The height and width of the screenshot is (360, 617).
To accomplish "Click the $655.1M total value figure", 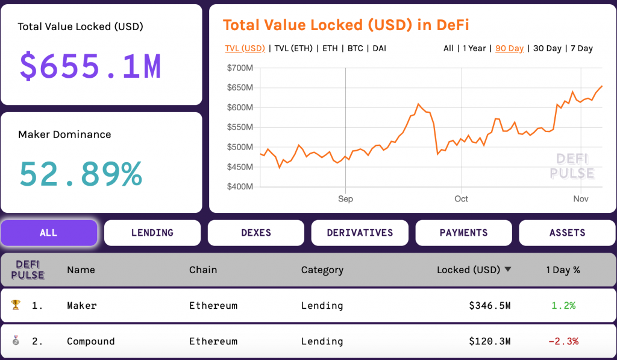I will tap(90, 66).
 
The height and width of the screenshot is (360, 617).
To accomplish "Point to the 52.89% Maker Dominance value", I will tap(81, 174).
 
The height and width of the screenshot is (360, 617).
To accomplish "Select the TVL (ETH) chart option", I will tap(293, 48).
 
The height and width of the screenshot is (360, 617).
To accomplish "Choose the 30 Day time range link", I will tap(547, 48).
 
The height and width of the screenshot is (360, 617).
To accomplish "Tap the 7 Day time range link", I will tap(581, 48).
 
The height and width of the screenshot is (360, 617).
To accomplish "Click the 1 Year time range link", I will tap(474, 48).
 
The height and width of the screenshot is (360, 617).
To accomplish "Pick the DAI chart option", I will tap(379, 48).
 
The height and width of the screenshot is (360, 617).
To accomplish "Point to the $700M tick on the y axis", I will tap(240, 68).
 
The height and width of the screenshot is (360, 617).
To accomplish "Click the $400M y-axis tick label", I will tap(240, 187).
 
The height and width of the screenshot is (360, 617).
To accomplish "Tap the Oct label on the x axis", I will tap(461, 198).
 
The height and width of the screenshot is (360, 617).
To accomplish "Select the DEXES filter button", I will tap(256, 233).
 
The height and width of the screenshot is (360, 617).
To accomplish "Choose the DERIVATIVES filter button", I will tap(360, 233).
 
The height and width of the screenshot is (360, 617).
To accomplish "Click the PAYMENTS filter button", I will tap(463, 233).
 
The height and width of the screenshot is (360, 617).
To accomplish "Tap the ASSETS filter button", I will tap(567, 233).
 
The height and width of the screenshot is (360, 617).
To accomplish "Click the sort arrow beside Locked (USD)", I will tap(508, 270).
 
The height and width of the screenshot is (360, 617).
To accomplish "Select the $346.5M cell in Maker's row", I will tap(489, 306).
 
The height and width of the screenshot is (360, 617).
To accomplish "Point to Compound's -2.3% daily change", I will tap(563, 341).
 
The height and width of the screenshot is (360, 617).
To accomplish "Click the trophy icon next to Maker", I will tap(16, 305).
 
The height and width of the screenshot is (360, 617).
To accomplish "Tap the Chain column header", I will tap(203, 270).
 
